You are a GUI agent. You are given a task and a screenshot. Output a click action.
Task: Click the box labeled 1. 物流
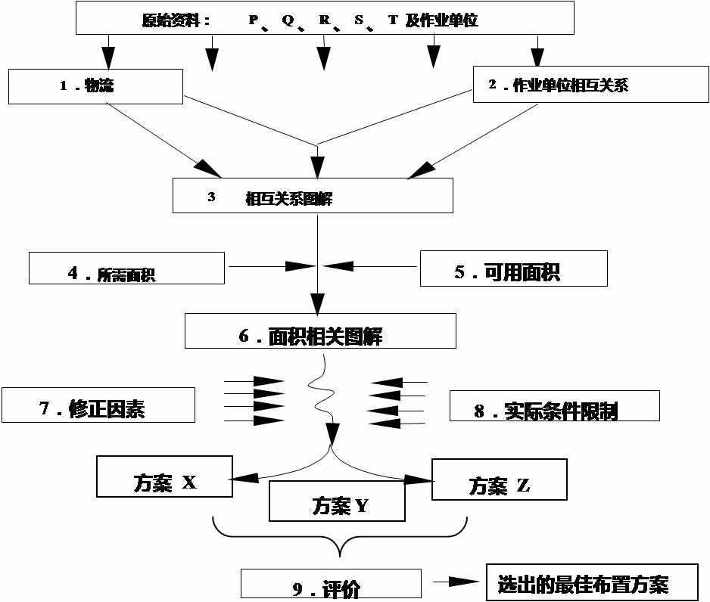tap(95, 86)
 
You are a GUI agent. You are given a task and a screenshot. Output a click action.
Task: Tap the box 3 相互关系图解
tap(313, 196)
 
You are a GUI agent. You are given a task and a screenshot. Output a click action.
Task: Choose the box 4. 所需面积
tap(126, 268)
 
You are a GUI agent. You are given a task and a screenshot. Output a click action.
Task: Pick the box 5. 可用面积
tap(513, 268)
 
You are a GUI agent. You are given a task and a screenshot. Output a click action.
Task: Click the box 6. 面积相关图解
tap(320, 331)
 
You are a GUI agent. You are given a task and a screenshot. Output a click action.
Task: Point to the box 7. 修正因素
tap(98, 405)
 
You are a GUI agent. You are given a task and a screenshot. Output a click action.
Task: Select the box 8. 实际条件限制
tap(554, 406)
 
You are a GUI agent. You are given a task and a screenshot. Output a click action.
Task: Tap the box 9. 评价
tap(331, 584)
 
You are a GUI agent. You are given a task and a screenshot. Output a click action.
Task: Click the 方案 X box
tap(164, 476)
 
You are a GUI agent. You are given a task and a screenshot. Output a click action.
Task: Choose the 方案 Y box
tap(337, 501)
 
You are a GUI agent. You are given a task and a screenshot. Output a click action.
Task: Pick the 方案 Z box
tap(499, 479)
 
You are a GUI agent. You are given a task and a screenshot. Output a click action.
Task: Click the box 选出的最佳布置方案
tap(591, 583)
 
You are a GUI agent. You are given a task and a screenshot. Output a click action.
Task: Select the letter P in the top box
tap(253, 20)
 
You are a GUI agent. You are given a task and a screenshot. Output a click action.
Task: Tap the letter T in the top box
tap(393, 20)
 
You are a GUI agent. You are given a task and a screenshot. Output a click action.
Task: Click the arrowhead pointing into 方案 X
tap(243, 476)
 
